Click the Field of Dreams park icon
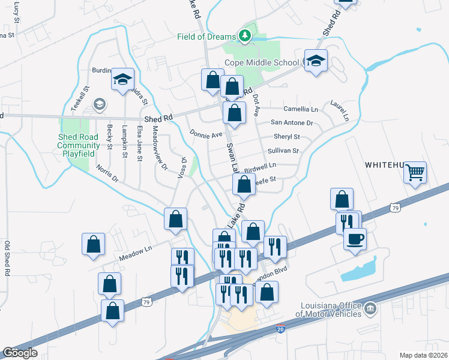pos(244,37)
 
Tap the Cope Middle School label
pos(261,62)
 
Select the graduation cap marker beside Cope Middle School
pos(316,61)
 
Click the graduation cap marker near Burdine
pos(122,80)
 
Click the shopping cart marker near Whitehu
pos(415,173)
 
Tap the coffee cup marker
pos(354,239)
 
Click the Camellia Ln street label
pos(301,109)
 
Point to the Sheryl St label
pos(286,137)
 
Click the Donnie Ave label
pos(206,134)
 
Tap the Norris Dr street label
pos(107,174)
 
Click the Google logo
pos(20,353)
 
